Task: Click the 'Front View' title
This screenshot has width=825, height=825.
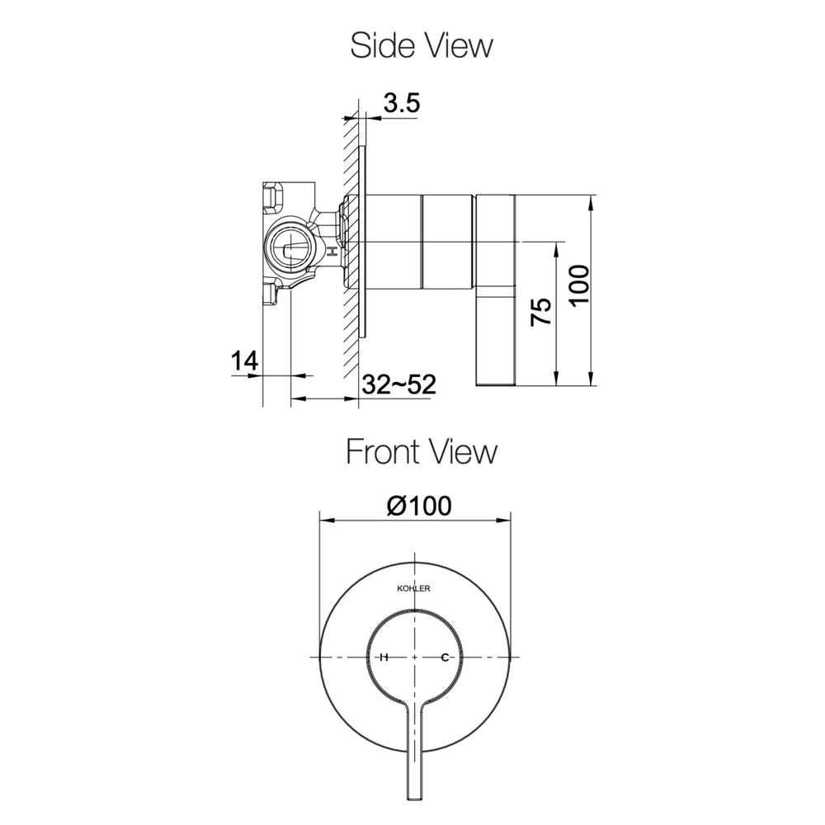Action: click(421, 452)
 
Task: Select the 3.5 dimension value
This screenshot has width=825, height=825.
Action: click(402, 104)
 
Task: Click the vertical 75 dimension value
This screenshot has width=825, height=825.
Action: click(540, 313)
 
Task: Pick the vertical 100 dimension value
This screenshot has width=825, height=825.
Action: click(579, 285)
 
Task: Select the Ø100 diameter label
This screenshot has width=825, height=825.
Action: click(419, 505)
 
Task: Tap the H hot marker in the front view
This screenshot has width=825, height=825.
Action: click(384, 658)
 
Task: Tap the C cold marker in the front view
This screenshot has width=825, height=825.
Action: click(445, 658)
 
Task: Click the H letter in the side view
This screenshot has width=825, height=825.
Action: click(331, 252)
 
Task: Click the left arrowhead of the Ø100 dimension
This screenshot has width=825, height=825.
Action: click(324, 521)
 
